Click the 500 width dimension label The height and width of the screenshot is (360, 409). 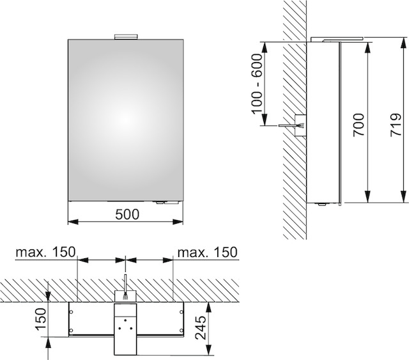(127, 215)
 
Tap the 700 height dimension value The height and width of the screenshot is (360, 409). (359, 125)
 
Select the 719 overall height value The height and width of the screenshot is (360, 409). (396, 125)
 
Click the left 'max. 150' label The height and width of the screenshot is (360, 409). (45, 252)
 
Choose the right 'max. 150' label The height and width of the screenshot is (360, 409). (207, 252)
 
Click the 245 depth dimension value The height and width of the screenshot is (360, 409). (200, 328)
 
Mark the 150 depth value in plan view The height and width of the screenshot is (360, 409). (41, 319)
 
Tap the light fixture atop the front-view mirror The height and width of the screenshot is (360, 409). (126, 37)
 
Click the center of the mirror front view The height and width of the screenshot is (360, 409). (126, 120)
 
